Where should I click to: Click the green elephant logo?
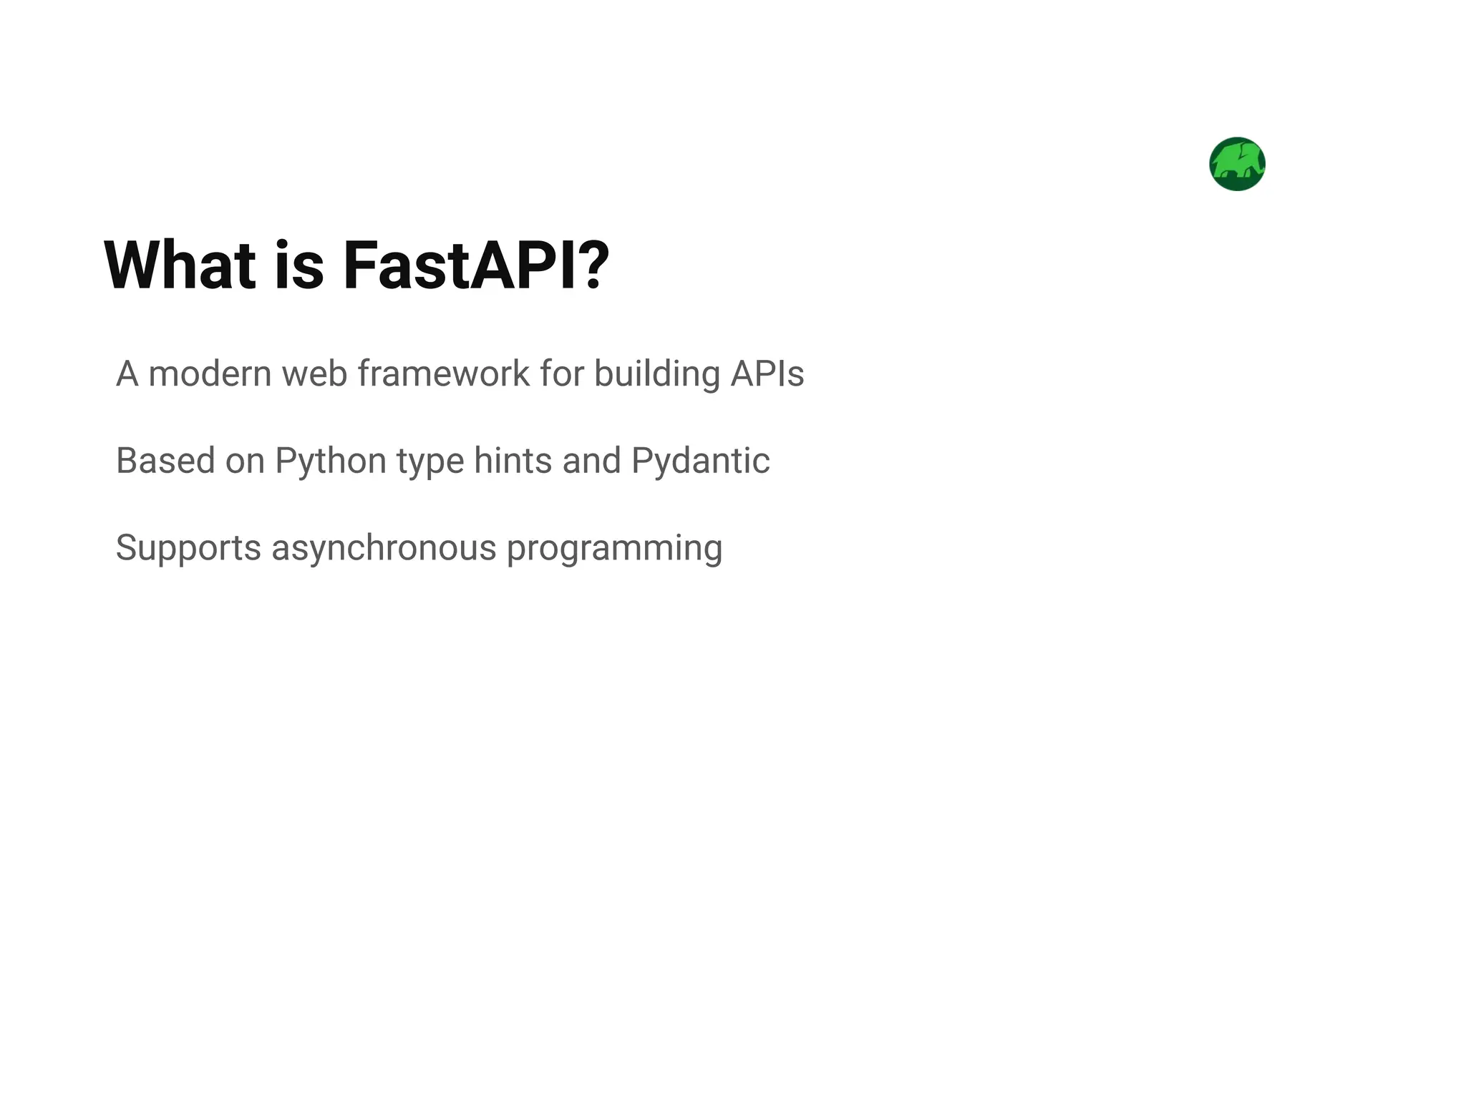pyautogui.click(x=1237, y=164)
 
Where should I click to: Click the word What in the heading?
pyautogui.click(x=180, y=265)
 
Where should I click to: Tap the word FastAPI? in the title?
pyautogui.click(x=476, y=265)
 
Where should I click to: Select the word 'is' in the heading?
pyautogui.click(x=299, y=265)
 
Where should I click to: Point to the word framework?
pyautogui.click(x=444, y=373)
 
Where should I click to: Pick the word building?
pyautogui.click(x=656, y=373)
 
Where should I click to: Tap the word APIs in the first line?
pyautogui.click(x=767, y=373)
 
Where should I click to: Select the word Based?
pyautogui.click(x=165, y=461)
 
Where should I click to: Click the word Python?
pyautogui.click(x=331, y=461)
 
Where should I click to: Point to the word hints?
pyautogui.click(x=513, y=461)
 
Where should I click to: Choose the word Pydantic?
pyautogui.click(x=701, y=461)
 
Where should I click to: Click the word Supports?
pyautogui.click(x=188, y=548)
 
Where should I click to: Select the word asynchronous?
pyautogui.click(x=384, y=548)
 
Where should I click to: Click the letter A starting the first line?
pyautogui.click(x=127, y=373)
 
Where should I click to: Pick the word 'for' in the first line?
pyautogui.click(x=562, y=373)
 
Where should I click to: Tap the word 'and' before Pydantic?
pyautogui.click(x=591, y=461)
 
